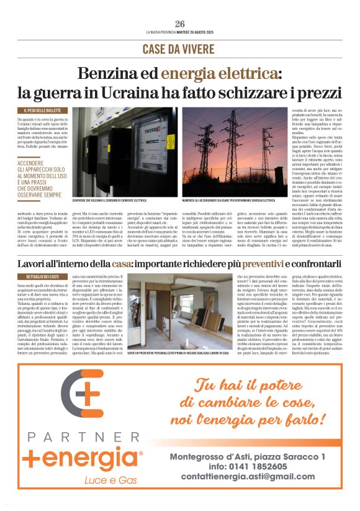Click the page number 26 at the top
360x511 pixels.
(180, 24)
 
